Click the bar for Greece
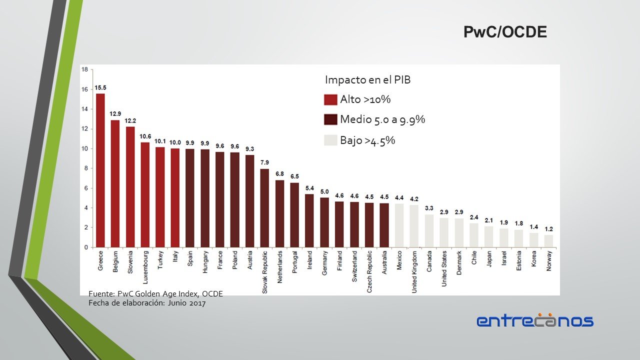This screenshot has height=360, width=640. [100, 170]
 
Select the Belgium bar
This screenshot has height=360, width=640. [115, 183]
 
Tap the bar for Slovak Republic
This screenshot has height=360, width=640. [264, 208]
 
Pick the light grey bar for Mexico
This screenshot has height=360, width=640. [399, 225]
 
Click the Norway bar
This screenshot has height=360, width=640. [548, 241]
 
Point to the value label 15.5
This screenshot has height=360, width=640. [100, 88]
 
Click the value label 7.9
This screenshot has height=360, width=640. [264, 162]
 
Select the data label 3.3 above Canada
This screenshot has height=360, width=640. [429, 208]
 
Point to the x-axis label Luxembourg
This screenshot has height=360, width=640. [145, 267]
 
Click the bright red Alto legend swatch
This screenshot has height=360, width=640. [330, 99]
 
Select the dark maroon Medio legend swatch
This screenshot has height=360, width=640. [330, 120]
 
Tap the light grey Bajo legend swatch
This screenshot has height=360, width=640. [330, 140]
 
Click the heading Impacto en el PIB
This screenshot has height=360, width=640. [367, 79]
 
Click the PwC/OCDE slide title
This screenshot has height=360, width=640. [505, 32]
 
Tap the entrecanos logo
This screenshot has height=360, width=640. [534, 320]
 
